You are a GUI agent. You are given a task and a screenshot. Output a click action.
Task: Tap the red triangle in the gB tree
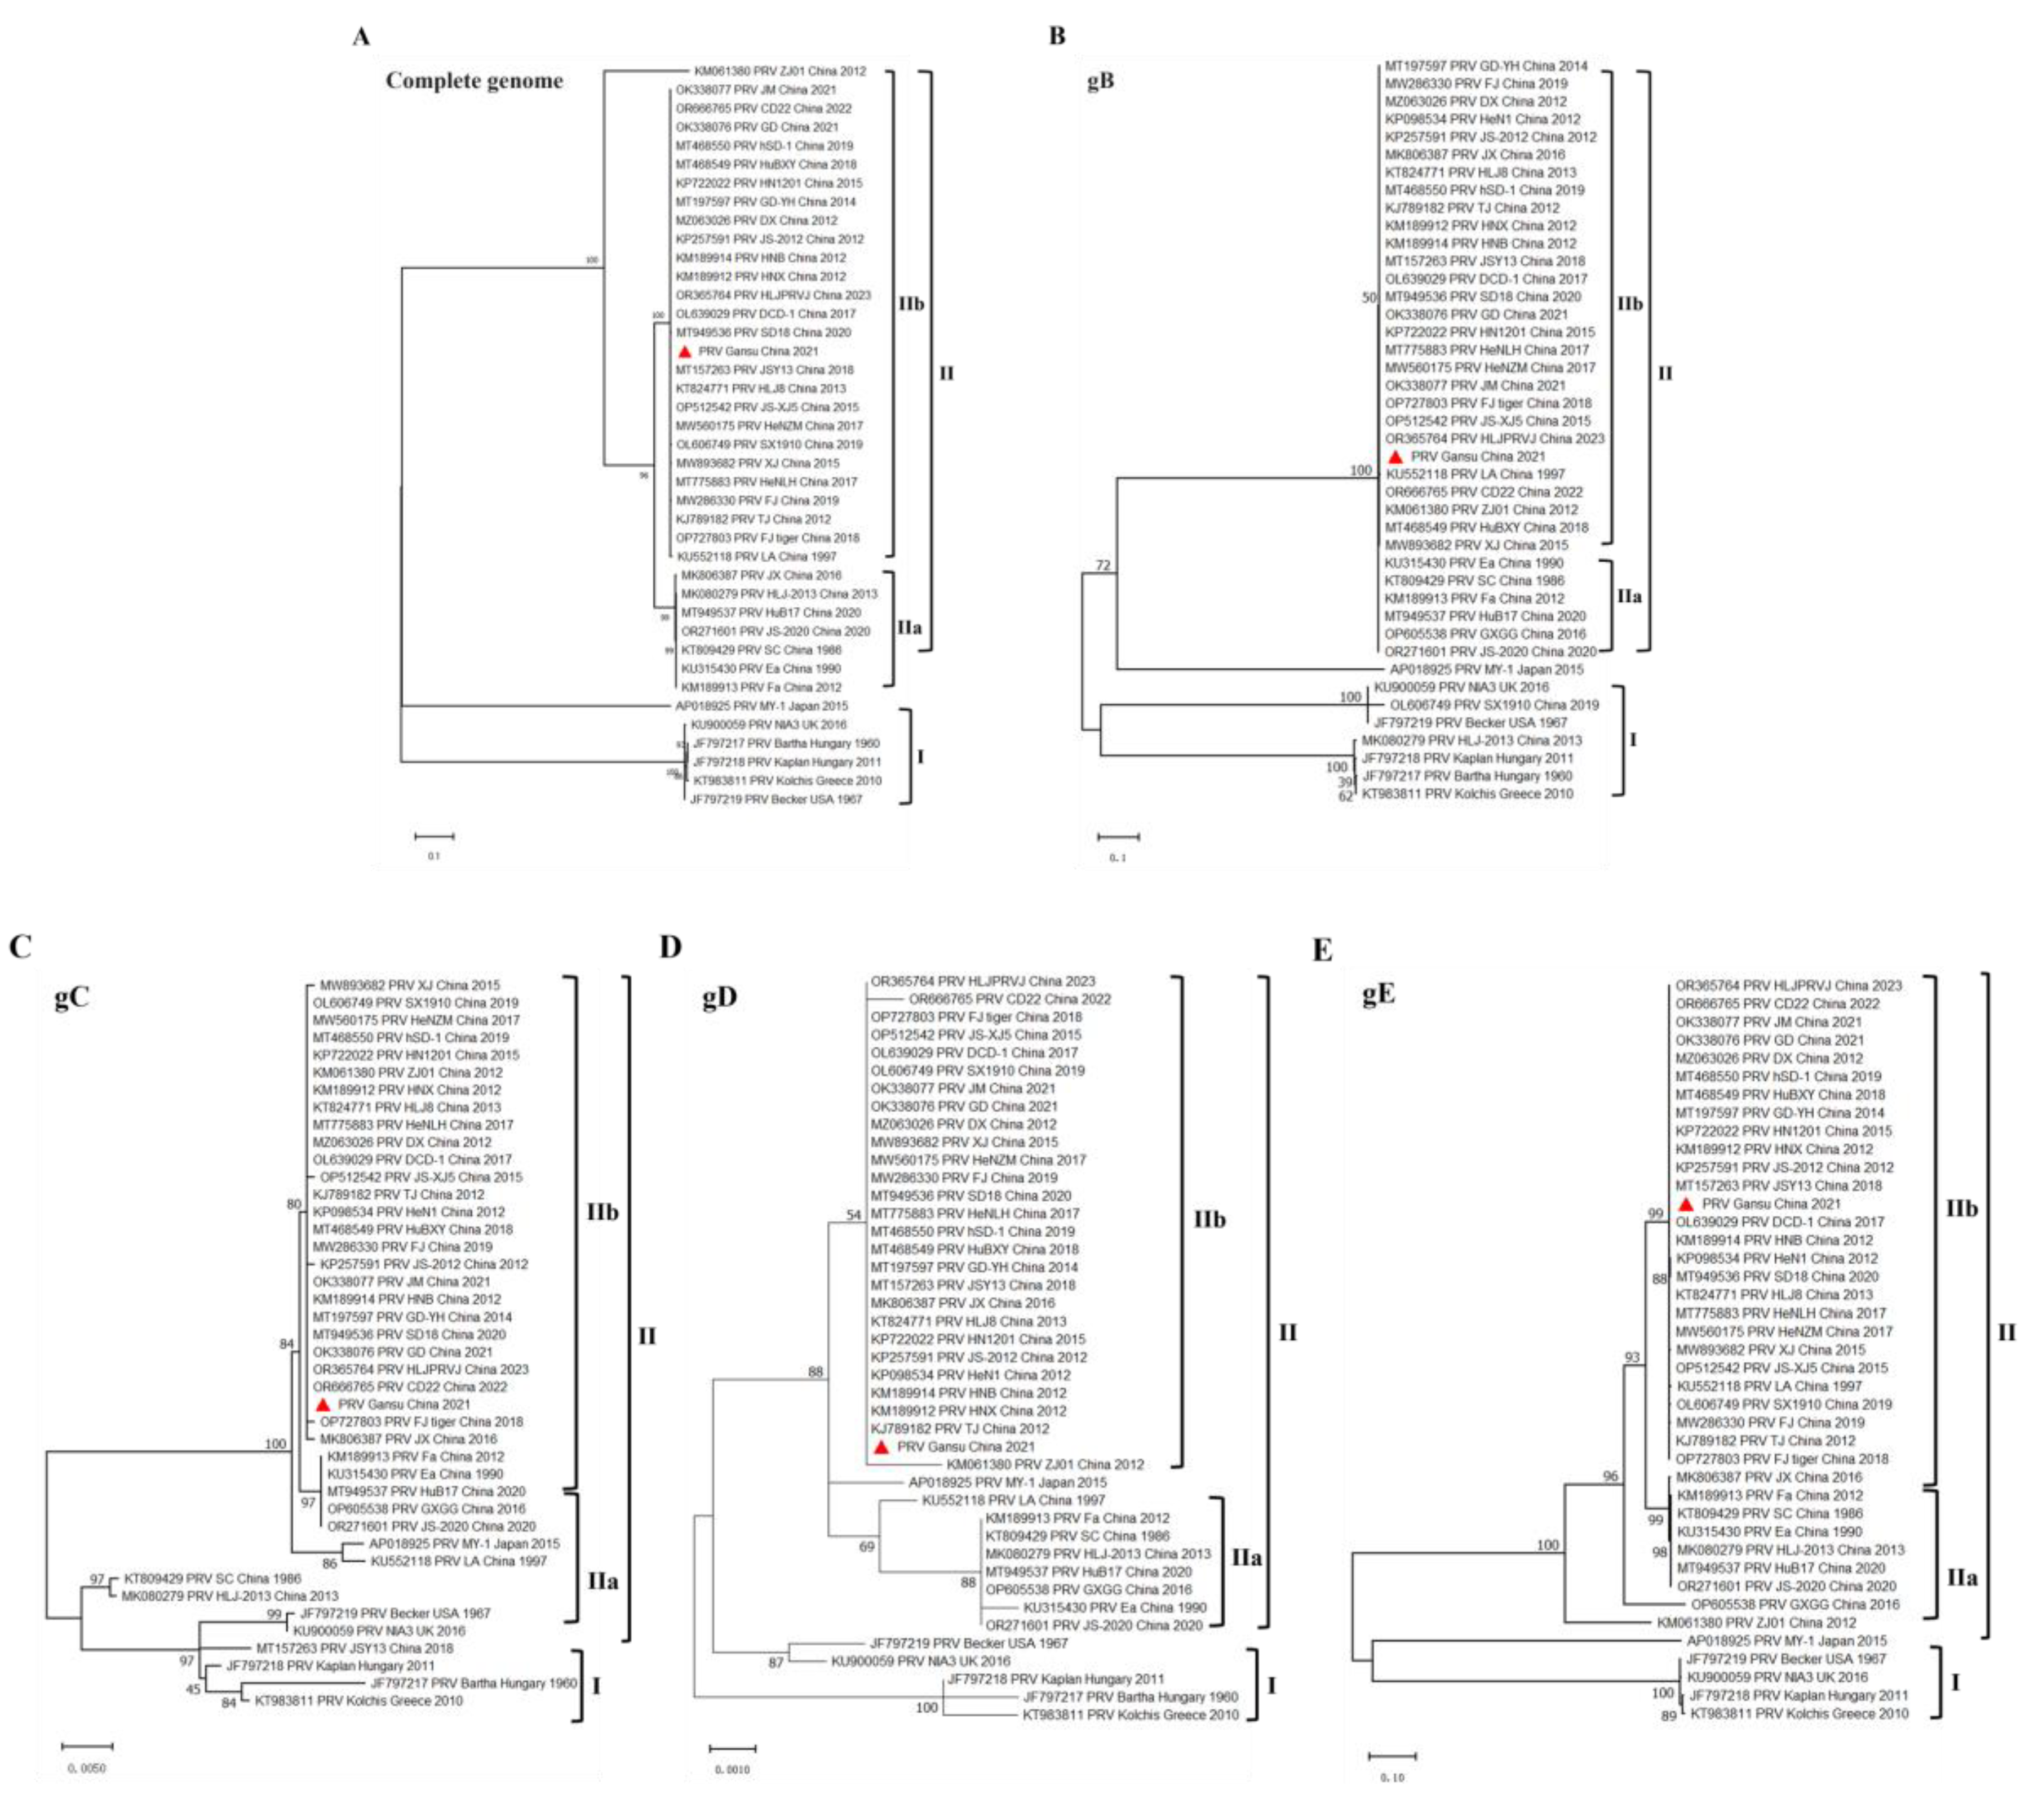(x=1395, y=457)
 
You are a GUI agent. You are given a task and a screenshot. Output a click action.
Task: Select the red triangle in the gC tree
(x=322, y=1404)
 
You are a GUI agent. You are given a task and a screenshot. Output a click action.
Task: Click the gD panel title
(x=720, y=997)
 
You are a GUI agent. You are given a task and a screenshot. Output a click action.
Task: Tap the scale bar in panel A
(x=434, y=836)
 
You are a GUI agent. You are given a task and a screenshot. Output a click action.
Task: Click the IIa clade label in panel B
(x=1629, y=597)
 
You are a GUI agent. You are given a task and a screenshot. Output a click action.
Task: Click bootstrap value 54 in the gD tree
(x=853, y=1215)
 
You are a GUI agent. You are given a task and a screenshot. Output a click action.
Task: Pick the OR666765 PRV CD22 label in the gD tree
(x=1009, y=999)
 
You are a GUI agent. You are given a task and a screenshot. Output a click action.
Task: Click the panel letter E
(x=1322, y=951)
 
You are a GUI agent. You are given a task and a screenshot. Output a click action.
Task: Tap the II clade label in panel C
(x=647, y=1336)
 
